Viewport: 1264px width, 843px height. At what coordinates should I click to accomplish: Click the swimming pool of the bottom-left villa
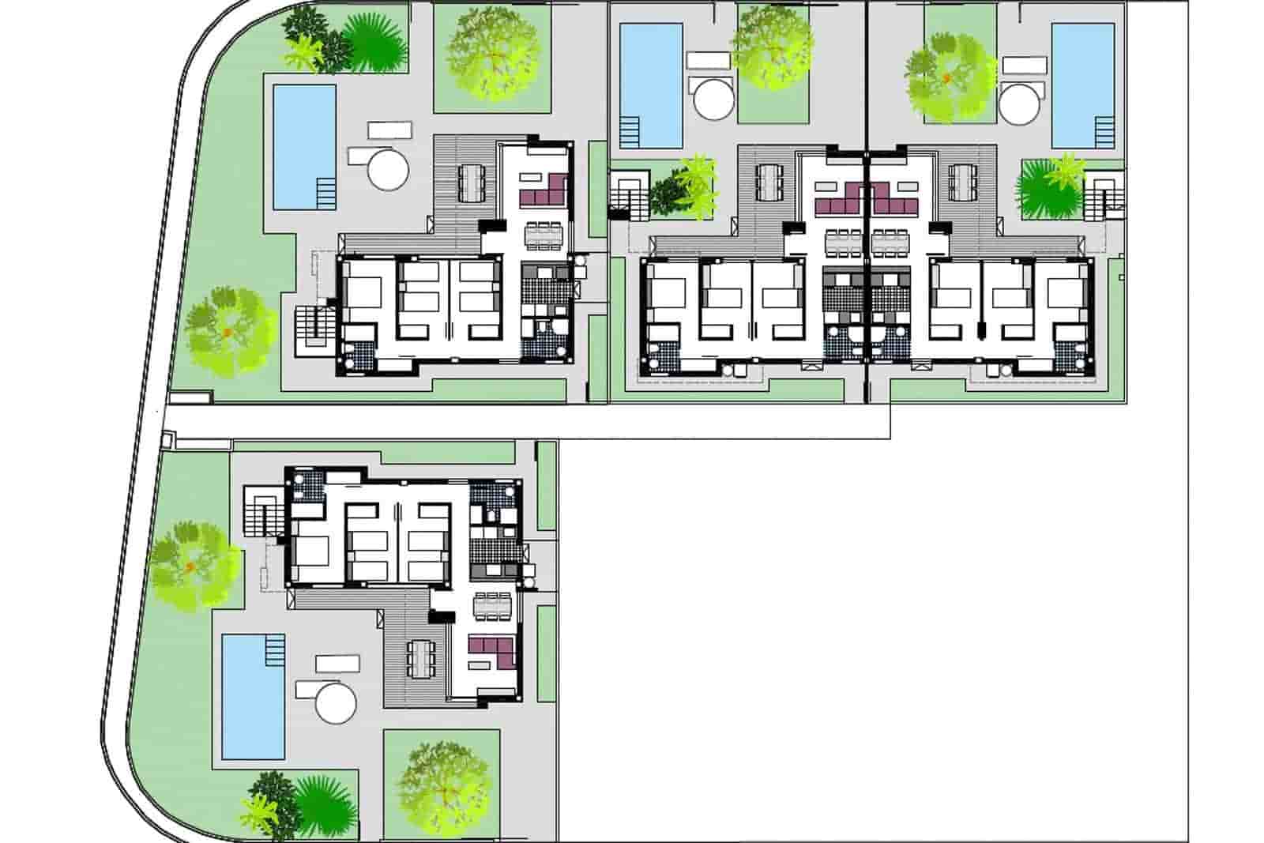click(253, 695)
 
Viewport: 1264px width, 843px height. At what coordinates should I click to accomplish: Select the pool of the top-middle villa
click(651, 85)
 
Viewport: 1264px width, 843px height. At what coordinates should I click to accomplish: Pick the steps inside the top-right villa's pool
click(1104, 131)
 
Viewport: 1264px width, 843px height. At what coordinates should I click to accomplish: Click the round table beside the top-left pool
click(387, 168)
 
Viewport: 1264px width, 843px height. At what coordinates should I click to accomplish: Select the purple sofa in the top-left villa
click(545, 190)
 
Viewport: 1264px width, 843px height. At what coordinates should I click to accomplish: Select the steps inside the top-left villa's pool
click(325, 191)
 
